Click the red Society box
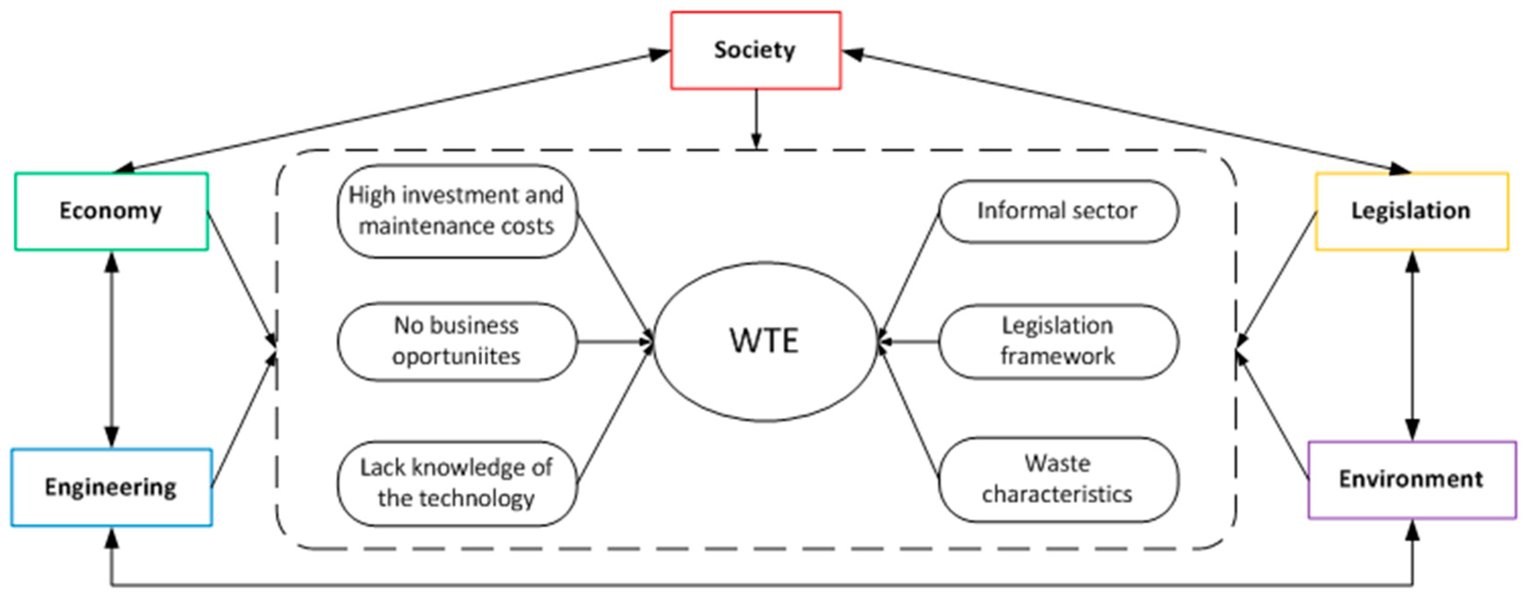756,51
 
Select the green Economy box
111,211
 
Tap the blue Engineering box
111,487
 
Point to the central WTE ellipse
764,341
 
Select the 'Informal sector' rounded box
1058,211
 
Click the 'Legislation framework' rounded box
1058,341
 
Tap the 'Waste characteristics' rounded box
1058,479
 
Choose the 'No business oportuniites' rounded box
456,341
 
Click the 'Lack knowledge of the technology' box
456,483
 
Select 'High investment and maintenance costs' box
456,211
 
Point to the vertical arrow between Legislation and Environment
1413,346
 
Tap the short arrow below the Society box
756,119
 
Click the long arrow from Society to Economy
392,113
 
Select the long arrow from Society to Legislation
1128,113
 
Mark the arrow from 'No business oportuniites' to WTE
614,341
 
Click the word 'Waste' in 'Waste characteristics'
1058,464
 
